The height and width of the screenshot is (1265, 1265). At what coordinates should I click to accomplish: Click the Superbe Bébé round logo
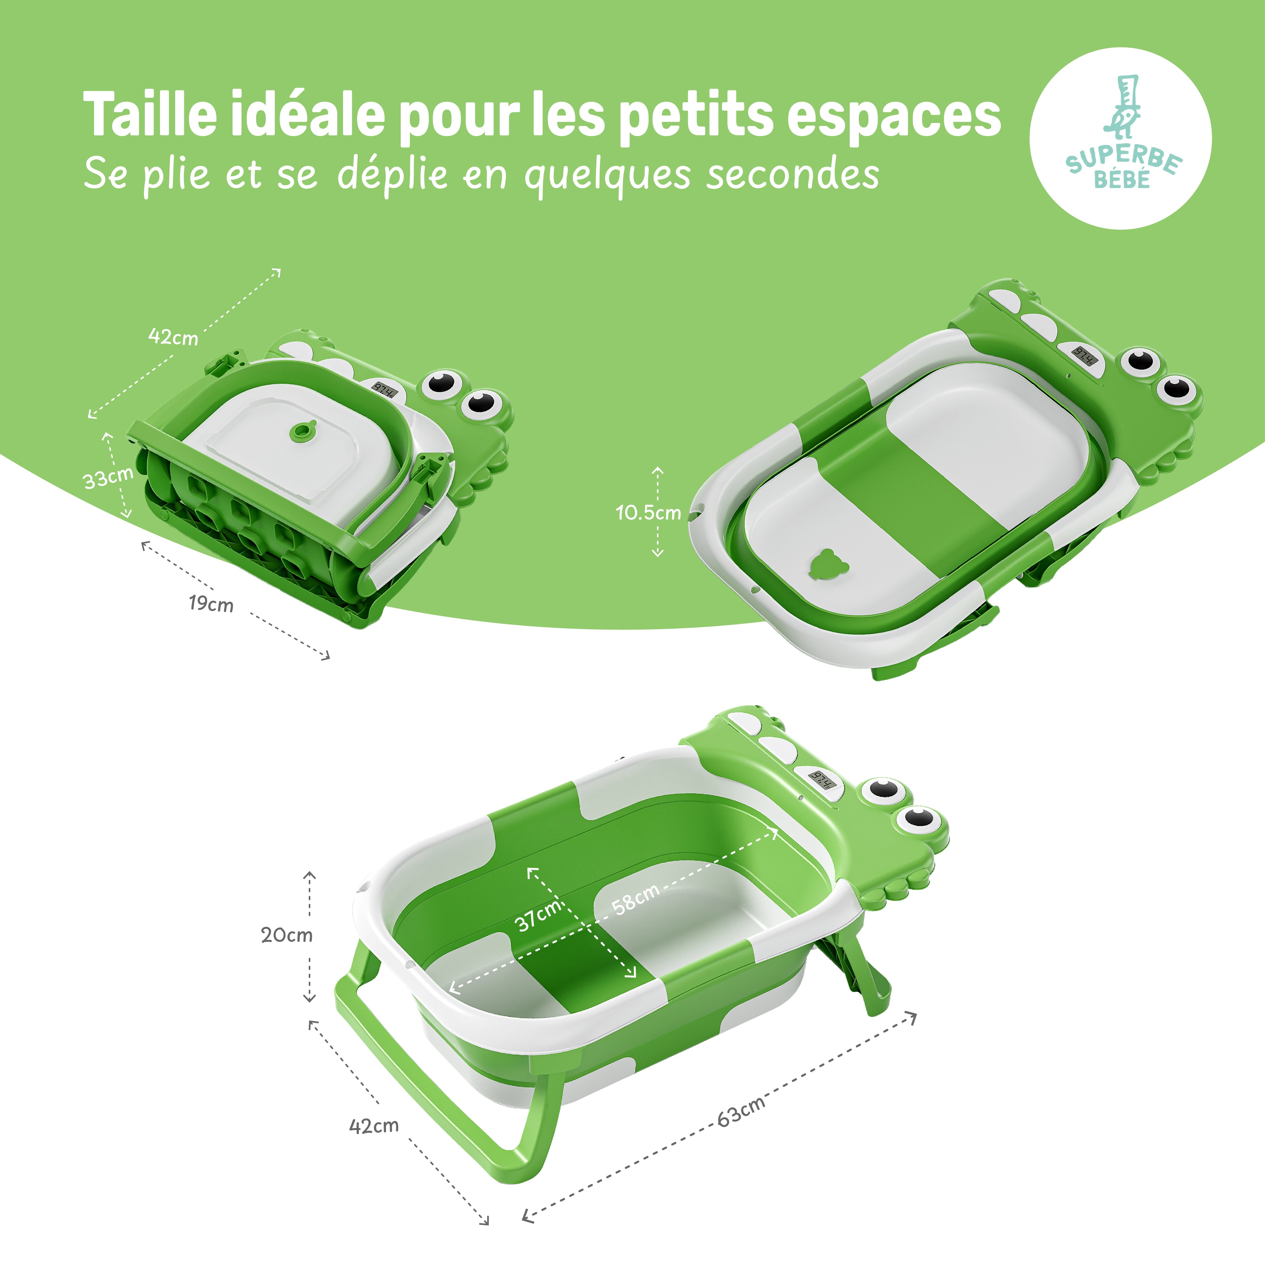coord(1120,138)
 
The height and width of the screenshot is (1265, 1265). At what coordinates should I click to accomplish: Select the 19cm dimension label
coord(211,603)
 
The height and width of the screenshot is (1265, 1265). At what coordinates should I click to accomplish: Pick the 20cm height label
coord(287,934)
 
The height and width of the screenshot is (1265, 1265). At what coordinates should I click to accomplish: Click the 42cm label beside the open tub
coord(374,1126)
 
